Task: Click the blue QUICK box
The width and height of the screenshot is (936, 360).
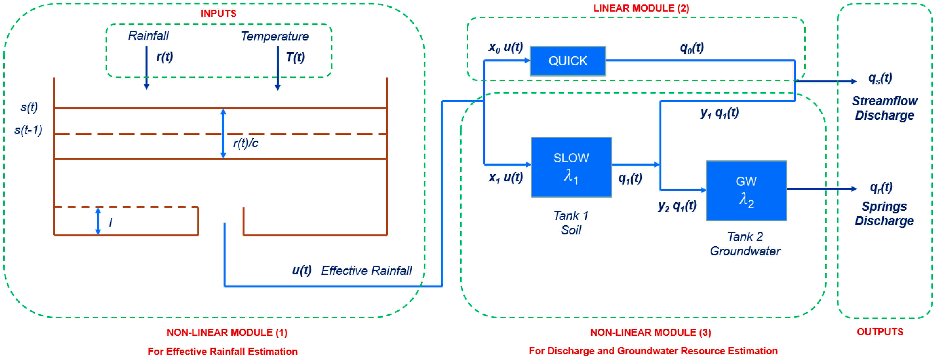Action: (568, 61)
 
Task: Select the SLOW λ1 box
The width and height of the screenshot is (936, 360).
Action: (571, 167)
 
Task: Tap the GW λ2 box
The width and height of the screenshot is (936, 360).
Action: (746, 191)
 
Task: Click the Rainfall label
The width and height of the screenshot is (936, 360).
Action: (148, 36)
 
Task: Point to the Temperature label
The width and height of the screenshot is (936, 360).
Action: (275, 36)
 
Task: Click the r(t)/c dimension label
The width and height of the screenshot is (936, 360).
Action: (246, 143)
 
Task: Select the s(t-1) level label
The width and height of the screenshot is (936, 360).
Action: (28, 130)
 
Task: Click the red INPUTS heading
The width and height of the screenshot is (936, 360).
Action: (218, 14)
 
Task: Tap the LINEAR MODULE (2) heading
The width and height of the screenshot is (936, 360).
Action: (641, 8)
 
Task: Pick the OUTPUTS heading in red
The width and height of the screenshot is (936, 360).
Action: (880, 332)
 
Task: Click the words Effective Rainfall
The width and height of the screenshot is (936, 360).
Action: (366, 271)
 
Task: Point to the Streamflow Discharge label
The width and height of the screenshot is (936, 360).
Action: (884, 108)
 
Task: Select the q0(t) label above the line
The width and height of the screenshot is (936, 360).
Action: (692, 48)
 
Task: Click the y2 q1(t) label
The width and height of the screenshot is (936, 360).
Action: (677, 206)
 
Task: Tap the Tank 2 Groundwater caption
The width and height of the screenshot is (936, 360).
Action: (745, 244)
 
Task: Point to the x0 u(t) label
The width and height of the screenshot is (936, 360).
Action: (506, 47)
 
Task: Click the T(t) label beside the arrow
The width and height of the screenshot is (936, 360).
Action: (295, 57)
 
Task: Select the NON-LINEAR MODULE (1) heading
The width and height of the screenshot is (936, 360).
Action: (227, 332)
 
